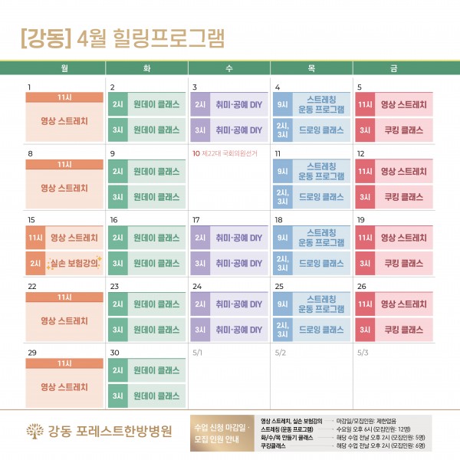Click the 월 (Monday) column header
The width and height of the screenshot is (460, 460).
64,68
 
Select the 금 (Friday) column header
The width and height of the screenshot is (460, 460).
393,68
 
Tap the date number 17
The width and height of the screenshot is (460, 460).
196,220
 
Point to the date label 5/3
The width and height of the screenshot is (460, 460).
363,353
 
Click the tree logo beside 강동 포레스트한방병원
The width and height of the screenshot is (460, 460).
32,430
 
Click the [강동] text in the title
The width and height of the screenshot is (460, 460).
45,36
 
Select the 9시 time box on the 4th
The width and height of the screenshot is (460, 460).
283,104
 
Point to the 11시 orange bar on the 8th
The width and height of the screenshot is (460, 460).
64,164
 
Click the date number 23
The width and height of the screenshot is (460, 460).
113,286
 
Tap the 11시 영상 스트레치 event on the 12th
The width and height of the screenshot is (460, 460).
393,171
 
